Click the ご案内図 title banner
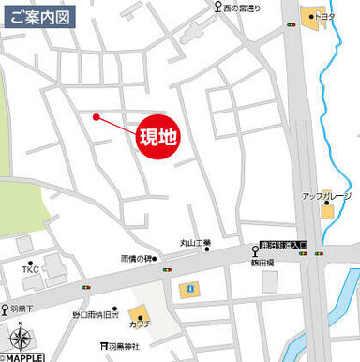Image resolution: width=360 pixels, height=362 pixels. (37, 16)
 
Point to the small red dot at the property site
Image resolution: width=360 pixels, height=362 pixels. (96, 116)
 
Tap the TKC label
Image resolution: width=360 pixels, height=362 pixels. (31, 270)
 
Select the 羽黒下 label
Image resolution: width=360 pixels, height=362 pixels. (22, 308)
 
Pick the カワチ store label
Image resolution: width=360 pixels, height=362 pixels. (141, 325)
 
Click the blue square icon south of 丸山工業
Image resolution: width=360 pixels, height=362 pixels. (188, 287)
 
